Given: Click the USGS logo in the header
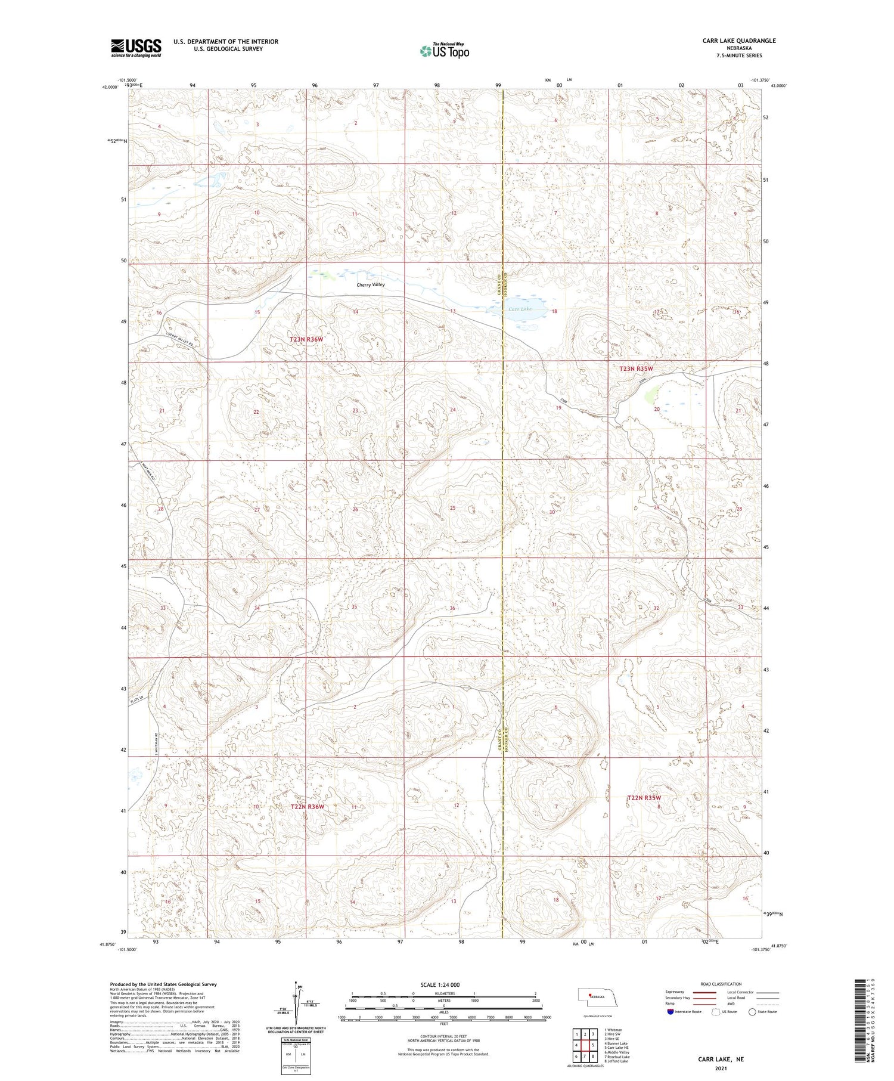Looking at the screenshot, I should (x=136, y=48).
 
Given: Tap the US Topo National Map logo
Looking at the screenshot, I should (x=444, y=51).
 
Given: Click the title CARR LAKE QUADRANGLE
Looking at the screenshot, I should (x=739, y=41).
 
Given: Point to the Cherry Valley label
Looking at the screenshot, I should (x=371, y=284).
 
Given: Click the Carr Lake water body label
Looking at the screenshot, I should (x=520, y=309).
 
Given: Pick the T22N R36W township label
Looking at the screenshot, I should (x=307, y=807).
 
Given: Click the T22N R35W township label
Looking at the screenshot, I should (x=644, y=798).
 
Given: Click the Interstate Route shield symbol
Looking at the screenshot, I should (x=670, y=1011).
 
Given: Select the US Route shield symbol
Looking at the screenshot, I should (x=716, y=1011).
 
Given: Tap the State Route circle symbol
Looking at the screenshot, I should (x=752, y=1011).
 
